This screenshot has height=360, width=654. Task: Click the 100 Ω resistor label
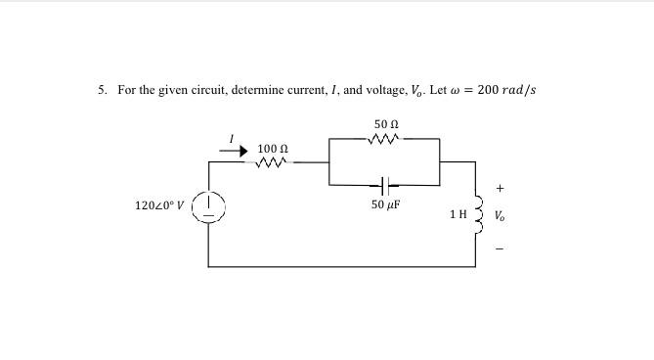click(272, 148)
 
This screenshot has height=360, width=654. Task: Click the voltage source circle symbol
click(209, 207)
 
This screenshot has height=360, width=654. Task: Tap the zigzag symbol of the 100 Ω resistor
click(271, 162)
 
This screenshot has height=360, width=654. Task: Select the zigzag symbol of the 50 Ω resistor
click(385, 139)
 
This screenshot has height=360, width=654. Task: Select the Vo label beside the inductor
click(501, 215)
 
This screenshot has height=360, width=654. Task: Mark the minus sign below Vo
click(501, 247)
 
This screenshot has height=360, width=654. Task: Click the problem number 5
click(102, 90)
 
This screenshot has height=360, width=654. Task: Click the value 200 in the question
click(488, 90)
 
